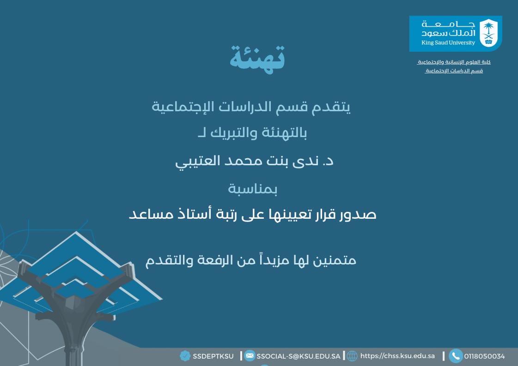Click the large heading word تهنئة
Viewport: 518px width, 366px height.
[x=257, y=58]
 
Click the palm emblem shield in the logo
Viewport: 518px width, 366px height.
[x=488, y=33]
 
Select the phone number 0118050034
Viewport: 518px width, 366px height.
[x=484, y=356]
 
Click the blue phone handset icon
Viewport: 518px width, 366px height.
[x=456, y=356]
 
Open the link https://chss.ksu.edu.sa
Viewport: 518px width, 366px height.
[x=397, y=356]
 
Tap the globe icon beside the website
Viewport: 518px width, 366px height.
[x=352, y=356]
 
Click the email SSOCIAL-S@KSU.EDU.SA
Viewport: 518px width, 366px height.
[x=298, y=356]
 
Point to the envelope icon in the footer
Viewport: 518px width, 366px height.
[x=250, y=356]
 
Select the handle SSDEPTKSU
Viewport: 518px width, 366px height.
[x=213, y=356]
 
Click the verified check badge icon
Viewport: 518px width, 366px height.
[x=185, y=356]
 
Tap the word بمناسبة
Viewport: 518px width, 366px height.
[x=252, y=188]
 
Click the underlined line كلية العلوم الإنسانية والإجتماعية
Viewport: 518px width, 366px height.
[x=454, y=62]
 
